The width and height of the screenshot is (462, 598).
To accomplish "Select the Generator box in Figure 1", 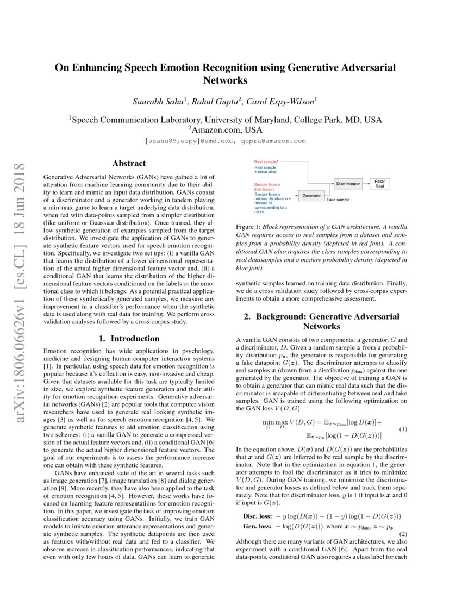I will point(311,195).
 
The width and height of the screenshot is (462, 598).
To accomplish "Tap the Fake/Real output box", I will point(379,184).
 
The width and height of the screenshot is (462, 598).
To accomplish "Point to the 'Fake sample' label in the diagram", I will point(338,200).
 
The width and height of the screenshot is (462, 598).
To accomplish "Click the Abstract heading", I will point(129,163).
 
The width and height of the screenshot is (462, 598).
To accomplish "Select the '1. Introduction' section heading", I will point(129,339).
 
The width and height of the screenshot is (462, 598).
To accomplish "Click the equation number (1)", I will point(403,415).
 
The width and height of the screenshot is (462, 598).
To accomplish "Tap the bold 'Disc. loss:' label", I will point(258,515).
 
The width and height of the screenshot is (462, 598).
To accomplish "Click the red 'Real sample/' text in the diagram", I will point(266,162).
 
